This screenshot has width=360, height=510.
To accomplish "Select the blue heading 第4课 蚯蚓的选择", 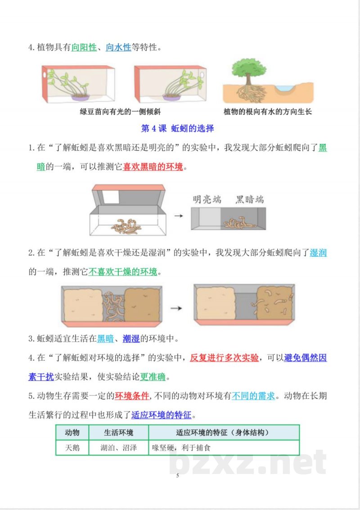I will pos(177,129).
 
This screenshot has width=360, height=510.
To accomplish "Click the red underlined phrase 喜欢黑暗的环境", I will pos(153,167).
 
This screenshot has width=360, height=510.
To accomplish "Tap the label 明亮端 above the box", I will pos(207,200).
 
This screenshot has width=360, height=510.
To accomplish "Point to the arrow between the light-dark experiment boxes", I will pos(179,216).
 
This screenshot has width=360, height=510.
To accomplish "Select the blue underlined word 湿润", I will pos(318,253).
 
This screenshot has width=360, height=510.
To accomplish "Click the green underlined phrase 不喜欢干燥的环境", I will pos(123,272).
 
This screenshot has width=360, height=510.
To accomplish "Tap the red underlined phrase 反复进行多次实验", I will pos(224,358).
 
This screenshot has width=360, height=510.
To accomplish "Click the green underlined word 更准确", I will pos(155,377).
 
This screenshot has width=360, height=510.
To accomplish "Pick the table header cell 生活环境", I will pos(118,433).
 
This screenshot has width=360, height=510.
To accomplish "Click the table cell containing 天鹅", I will pos(72,448).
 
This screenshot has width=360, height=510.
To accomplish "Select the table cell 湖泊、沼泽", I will pos(118,448).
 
